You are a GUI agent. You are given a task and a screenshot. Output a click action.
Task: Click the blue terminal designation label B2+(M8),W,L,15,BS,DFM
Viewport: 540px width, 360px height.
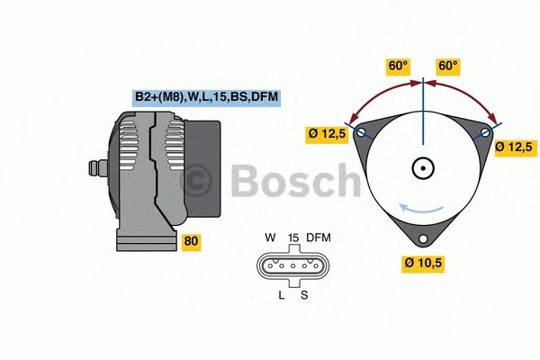tap(206, 97)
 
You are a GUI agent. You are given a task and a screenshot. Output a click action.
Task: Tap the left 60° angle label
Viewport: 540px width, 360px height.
tap(398, 66)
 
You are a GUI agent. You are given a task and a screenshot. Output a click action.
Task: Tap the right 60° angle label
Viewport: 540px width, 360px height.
tap(448, 66)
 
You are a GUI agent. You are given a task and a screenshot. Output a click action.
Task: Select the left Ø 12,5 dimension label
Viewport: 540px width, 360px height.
tap(327, 133)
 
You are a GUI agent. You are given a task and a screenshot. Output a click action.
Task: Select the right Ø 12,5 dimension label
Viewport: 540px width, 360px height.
tap(514, 148)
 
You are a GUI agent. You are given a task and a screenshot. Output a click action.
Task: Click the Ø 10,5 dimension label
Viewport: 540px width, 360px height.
tap(423, 263)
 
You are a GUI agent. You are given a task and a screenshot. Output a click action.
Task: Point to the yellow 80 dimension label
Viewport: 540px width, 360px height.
tap(191, 241)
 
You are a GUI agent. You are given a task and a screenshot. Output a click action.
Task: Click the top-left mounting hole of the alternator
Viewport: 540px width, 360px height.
tap(361, 132)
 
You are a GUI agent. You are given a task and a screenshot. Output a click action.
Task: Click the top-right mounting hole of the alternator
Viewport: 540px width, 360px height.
tap(485, 132)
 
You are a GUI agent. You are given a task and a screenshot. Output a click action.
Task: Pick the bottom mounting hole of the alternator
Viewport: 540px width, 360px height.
tap(423, 238)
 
